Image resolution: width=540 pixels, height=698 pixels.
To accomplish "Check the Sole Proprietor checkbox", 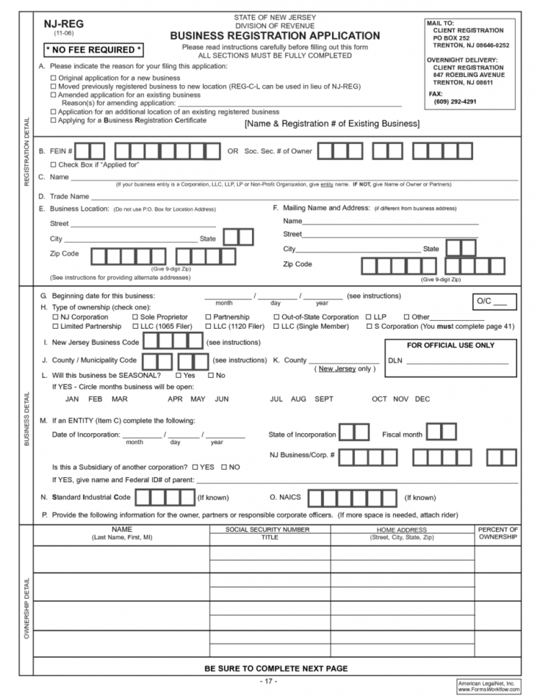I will click(x=135, y=317).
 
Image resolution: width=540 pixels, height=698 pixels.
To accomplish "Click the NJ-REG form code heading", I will click(x=63, y=24).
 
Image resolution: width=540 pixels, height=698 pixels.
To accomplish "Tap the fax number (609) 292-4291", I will click(x=455, y=101).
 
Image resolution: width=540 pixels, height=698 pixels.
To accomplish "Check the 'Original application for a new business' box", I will click(x=53, y=78).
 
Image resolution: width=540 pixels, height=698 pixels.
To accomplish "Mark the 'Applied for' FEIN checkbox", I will click(x=53, y=165).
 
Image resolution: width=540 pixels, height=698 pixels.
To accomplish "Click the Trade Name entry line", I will click(x=302, y=196).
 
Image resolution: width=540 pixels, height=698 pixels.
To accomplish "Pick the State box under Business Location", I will click(x=238, y=237).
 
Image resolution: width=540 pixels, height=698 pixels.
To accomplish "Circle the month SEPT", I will click(x=323, y=399).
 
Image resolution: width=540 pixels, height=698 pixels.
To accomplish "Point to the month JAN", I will click(x=72, y=399).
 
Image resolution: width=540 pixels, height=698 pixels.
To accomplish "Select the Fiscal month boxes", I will click(x=441, y=433).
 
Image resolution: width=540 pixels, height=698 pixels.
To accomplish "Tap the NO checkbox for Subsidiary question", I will click(x=225, y=467).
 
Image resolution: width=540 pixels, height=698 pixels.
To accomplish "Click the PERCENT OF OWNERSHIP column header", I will click(x=498, y=533).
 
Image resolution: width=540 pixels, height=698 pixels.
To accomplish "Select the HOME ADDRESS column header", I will click(x=401, y=533).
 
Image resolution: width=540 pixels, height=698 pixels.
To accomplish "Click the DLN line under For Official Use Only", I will click(x=457, y=361).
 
